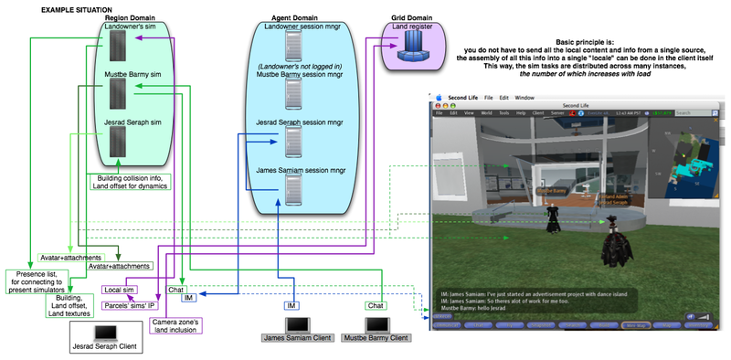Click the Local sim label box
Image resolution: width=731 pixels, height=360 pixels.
119,290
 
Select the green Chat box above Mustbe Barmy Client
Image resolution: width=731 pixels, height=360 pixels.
375,304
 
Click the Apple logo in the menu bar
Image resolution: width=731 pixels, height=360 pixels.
440,97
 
